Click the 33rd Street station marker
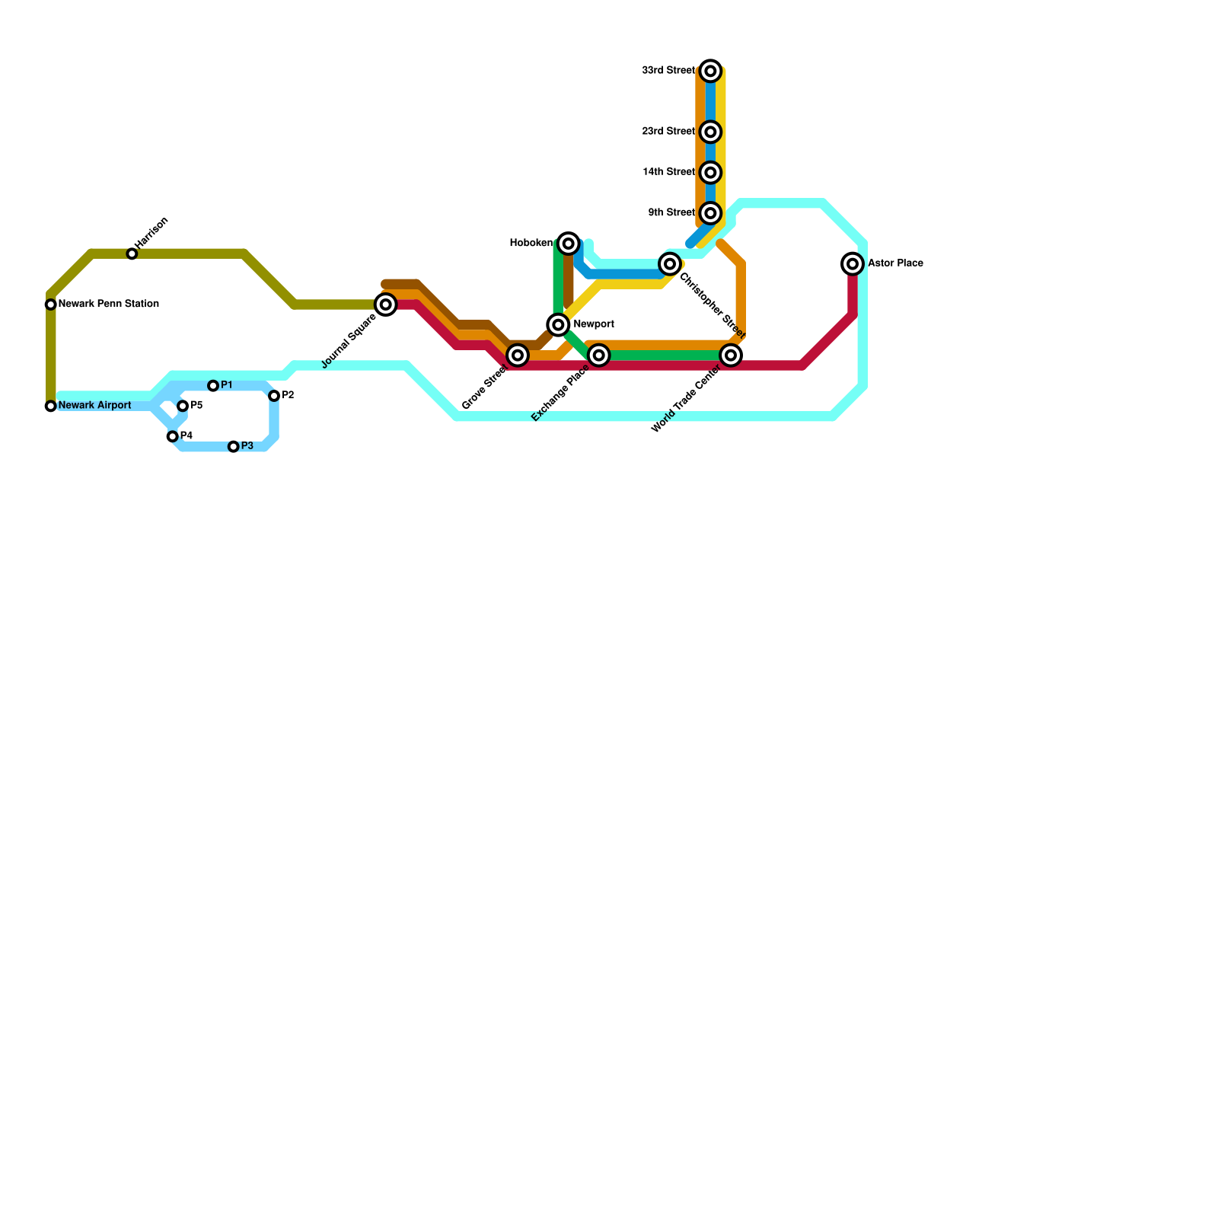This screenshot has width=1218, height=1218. click(710, 71)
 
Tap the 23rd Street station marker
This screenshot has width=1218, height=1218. click(710, 132)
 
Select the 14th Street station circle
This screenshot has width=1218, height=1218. click(710, 173)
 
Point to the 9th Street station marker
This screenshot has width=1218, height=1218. click(710, 213)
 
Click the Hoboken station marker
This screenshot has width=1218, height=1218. click(568, 244)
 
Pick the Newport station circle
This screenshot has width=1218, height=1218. click(558, 325)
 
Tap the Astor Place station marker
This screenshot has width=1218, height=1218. click(853, 264)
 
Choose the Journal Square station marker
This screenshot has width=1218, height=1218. click(386, 304)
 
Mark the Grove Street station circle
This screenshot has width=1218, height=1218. click(518, 356)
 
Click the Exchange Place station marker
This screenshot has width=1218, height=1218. click(599, 356)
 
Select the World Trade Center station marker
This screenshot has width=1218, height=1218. click(731, 356)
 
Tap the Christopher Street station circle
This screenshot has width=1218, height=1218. click(670, 264)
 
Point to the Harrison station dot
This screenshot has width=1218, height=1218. click(132, 253)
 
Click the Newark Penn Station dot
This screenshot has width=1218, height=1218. click(51, 304)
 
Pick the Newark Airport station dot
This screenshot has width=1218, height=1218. click(51, 406)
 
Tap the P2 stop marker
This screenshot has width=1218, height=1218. click(274, 396)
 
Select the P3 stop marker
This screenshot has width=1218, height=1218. click(234, 447)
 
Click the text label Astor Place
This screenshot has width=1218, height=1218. click(895, 263)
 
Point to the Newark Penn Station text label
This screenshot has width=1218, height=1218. click(108, 304)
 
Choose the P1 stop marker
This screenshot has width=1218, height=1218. click(213, 386)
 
